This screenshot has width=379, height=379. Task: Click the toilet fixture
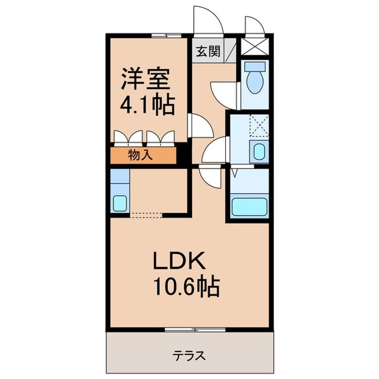tap(256, 76)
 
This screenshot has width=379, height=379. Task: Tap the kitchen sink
tap(119, 202)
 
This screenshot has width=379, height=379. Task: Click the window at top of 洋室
tap(165, 35)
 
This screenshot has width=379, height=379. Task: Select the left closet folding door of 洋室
tap(128, 138)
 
